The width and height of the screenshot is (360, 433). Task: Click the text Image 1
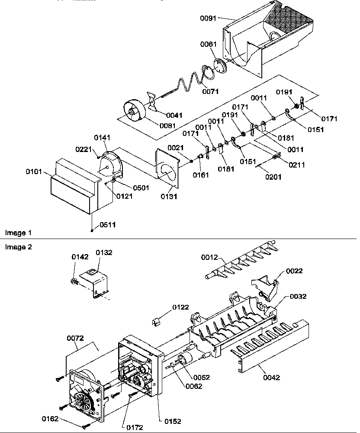coord(16,233)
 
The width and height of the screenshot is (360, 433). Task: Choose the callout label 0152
coord(173,421)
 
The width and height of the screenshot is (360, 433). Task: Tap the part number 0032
coord(298,297)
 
